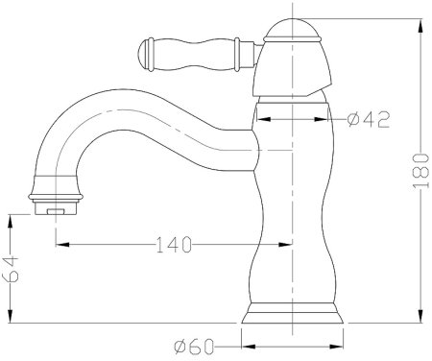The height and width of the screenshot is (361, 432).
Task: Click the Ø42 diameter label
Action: pyautogui.click(x=369, y=119)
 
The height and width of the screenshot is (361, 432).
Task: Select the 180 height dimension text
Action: pyautogui.click(x=420, y=171)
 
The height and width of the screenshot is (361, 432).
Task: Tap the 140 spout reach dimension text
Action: pyautogui.click(x=174, y=245)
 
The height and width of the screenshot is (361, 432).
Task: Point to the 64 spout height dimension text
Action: pyautogui.click(x=11, y=269)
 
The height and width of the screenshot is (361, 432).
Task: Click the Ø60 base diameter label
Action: pyautogui.click(x=194, y=347)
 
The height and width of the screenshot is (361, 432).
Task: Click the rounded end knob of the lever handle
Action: pyautogui.click(x=143, y=55)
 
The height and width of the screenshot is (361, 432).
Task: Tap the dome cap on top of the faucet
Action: pyautogui.click(x=292, y=30)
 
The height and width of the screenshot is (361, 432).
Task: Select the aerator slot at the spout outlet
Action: pyautogui.click(x=56, y=211)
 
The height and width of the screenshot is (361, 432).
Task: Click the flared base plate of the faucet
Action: pyautogui.click(x=292, y=313)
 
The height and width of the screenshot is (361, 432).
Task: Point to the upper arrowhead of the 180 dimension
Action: pyautogui.click(x=420, y=25)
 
